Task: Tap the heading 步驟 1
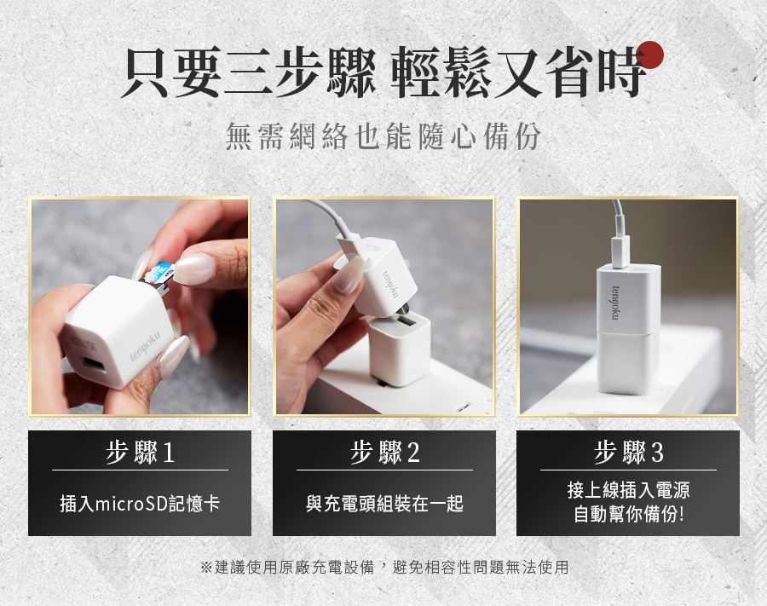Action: (140, 452)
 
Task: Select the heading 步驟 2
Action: (384, 452)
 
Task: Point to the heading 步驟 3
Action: (629, 452)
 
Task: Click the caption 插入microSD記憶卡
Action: (140, 503)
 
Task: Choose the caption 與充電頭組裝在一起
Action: (384, 503)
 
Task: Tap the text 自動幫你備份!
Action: (629, 514)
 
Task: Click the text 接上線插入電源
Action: (629, 489)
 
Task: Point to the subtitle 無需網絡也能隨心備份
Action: (383, 136)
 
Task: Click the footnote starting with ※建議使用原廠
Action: (384, 567)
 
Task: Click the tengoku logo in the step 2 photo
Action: (391, 284)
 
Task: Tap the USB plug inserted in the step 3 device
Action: (620, 251)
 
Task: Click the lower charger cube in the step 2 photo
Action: (400, 349)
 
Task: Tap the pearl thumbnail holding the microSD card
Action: (194, 268)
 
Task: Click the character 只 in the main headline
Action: (146, 72)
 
